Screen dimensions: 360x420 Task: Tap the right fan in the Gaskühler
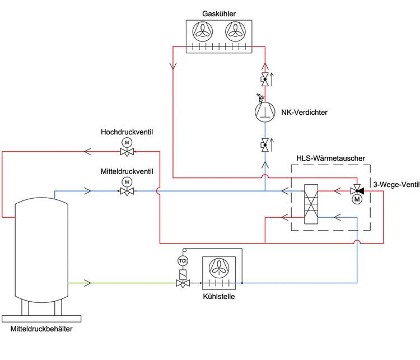click(x=235, y=33)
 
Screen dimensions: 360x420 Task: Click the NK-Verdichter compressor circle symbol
click(x=264, y=111)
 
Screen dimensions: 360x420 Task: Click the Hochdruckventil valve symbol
click(x=128, y=151)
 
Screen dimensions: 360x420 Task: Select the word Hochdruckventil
click(x=127, y=132)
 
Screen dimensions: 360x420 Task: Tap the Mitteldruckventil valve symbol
click(x=127, y=191)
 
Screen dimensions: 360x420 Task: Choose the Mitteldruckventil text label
click(x=127, y=171)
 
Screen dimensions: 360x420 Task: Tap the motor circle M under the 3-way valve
click(x=357, y=199)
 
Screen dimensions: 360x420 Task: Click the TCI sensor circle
click(x=183, y=261)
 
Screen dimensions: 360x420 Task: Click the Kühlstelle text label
click(x=219, y=296)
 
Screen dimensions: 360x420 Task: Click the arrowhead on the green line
click(x=86, y=282)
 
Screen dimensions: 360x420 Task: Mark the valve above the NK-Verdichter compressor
click(x=264, y=79)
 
